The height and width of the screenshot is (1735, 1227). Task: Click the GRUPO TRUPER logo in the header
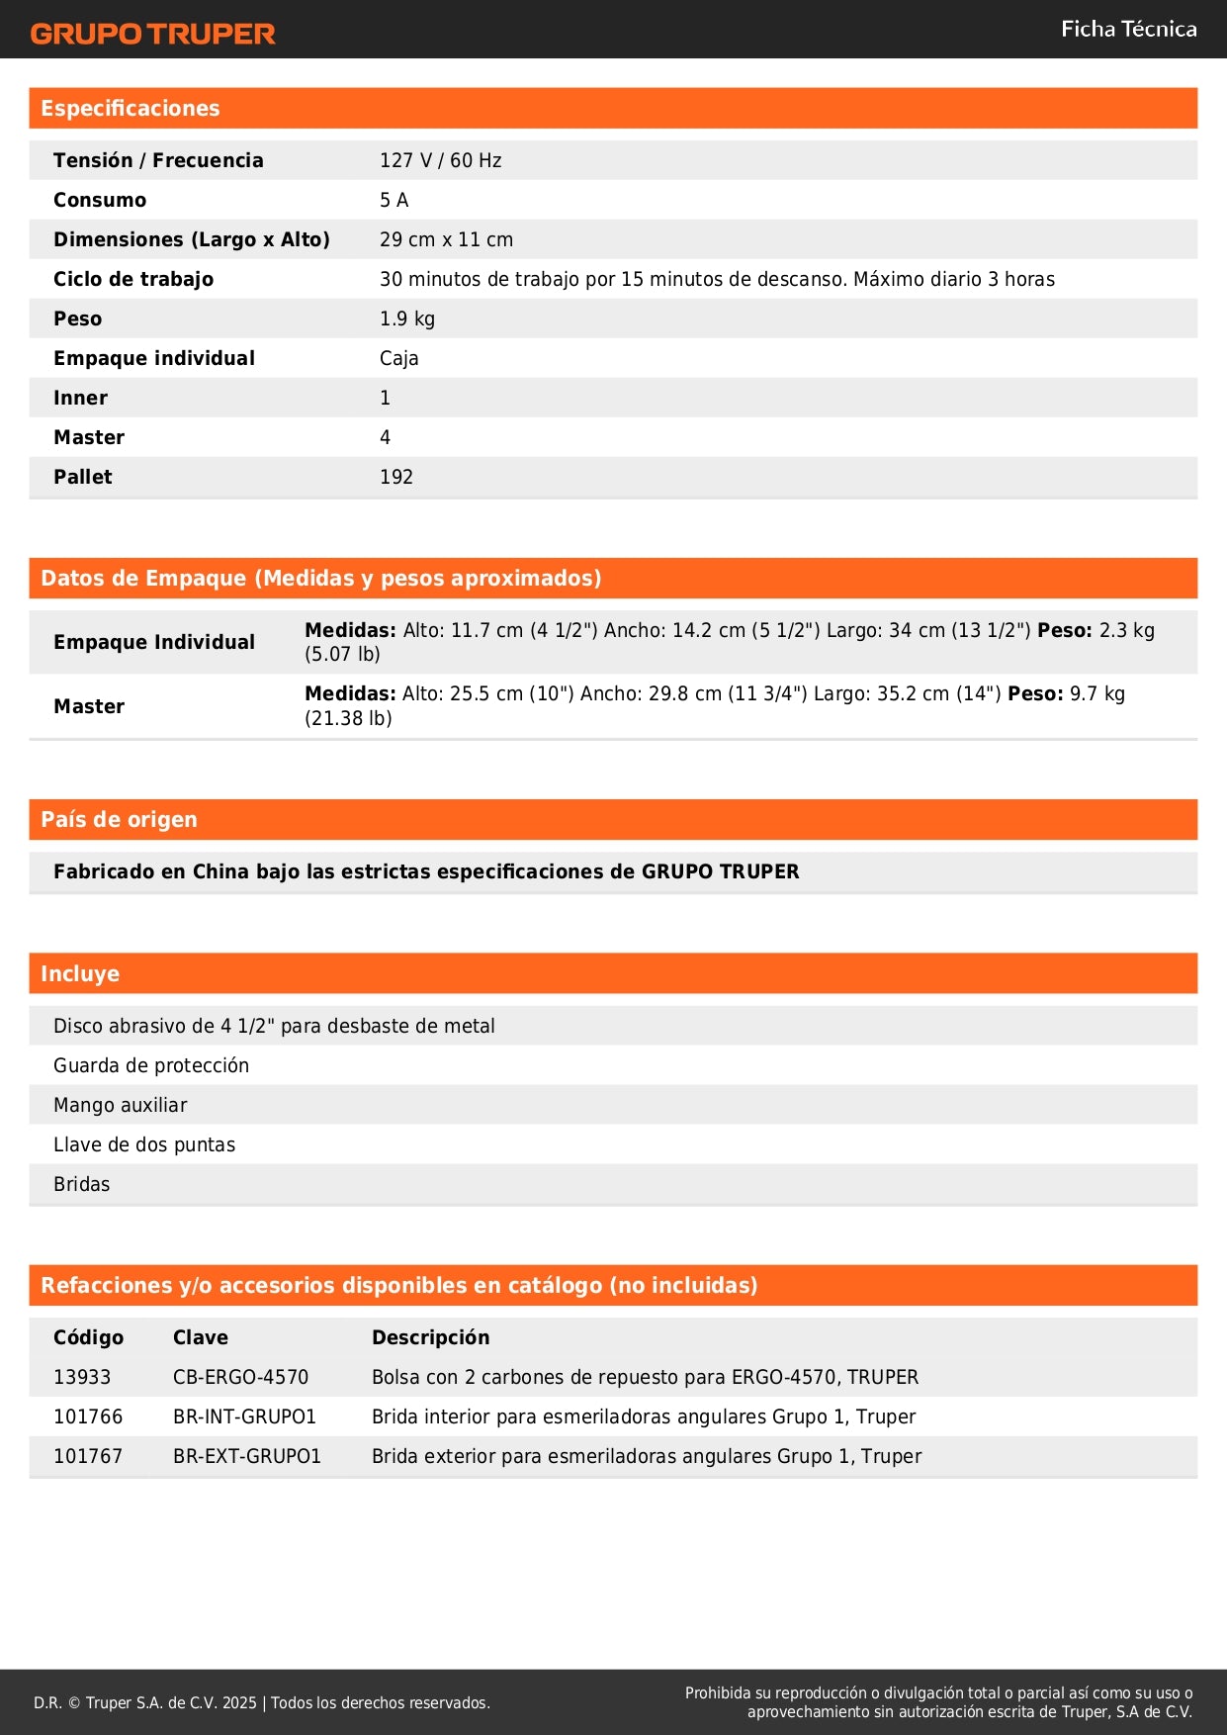tap(152, 34)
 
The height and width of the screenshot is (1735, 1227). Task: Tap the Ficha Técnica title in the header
tap(1128, 29)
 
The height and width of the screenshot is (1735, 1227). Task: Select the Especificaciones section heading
tap(131, 109)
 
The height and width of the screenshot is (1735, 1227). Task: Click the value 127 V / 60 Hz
tap(440, 160)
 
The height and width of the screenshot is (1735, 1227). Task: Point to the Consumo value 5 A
tap(394, 200)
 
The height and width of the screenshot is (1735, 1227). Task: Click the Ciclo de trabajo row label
tap(133, 279)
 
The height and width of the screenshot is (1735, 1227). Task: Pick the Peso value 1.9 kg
tap(406, 319)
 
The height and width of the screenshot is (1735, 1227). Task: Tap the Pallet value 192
tap(395, 477)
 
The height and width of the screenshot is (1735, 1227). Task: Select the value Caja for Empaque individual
tap(398, 358)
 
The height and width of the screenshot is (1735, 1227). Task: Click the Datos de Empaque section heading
tap(320, 579)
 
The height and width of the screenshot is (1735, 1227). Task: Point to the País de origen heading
tap(119, 820)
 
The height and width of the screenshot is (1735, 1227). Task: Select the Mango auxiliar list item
tap(120, 1105)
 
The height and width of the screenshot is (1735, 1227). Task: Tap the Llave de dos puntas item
tap(144, 1144)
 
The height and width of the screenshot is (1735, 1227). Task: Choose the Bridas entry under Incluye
tap(81, 1184)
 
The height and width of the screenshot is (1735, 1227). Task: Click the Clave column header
tap(200, 1337)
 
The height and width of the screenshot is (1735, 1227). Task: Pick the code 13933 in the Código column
tap(82, 1377)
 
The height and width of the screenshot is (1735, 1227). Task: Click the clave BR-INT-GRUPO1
tap(244, 1416)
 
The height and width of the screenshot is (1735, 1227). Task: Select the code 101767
tap(88, 1456)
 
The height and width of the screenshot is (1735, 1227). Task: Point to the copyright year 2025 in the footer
tap(239, 1702)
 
